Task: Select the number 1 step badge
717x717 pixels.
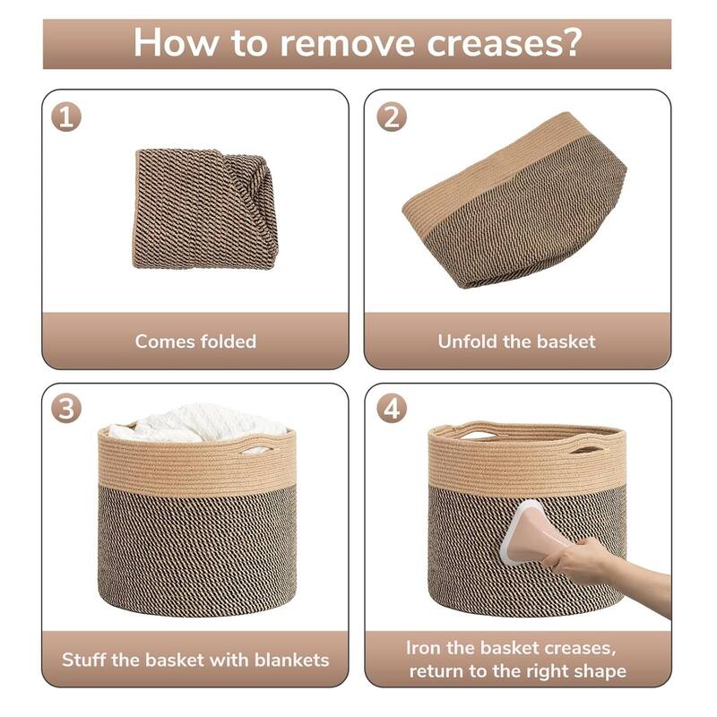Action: click(66, 117)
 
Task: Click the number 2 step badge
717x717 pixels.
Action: click(392, 117)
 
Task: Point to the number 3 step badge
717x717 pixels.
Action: click(66, 408)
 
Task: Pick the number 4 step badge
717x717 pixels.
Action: click(392, 408)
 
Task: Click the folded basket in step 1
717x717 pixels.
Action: click(204, 209)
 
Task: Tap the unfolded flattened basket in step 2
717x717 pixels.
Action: click(514, 200)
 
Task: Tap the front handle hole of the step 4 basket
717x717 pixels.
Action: click(585, 447)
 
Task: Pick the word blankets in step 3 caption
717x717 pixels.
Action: click(292, 660)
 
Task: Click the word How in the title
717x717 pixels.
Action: click(176, 43)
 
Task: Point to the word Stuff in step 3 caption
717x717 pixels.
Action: click(83, 660)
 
